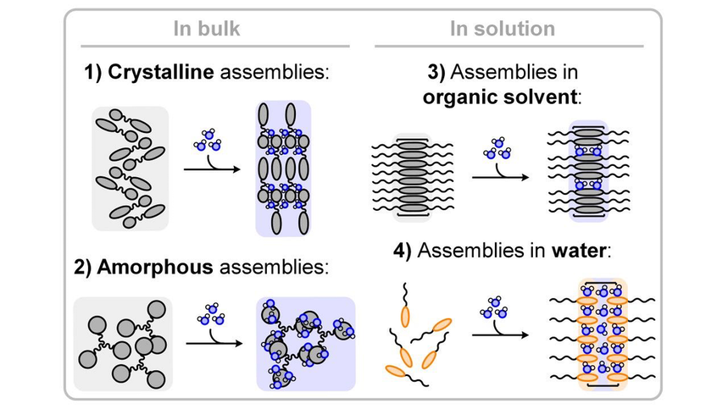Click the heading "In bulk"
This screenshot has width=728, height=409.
point(207,28)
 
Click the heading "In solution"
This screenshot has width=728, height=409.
point(503,28)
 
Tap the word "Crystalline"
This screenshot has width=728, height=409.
point(161,72)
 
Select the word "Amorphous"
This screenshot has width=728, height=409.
point(155,267)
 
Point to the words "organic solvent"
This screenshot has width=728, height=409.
point(499,97)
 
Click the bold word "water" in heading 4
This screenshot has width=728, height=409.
point(579,251)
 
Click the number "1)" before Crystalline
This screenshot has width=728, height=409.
point(93,73)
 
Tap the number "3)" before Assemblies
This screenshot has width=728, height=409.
point(436,72)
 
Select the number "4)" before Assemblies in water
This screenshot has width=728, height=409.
point(403,251)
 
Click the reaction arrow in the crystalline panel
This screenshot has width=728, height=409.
point(212,169)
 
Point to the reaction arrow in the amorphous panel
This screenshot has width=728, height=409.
point(214,343)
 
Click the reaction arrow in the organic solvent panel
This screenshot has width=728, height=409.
point(501,177)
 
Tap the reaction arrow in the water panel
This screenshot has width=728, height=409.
point(501,334)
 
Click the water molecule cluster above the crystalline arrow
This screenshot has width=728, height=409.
point(208,140)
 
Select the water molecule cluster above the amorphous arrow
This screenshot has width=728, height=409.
point(211,314)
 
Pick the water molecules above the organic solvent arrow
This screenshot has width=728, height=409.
point(497,148)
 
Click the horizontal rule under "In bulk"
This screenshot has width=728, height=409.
point(215,47)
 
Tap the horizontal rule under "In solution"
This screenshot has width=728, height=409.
point(508,47)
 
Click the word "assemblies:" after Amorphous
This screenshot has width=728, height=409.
point(274,268)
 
